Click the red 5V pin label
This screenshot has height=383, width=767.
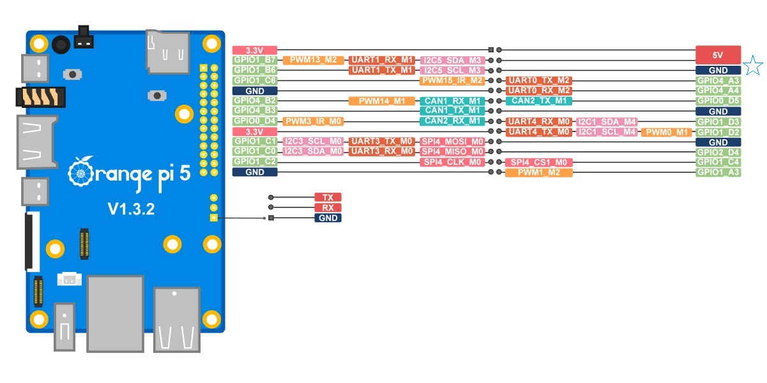(x=718, y=55)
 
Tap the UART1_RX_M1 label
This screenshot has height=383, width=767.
(x=383, y=60)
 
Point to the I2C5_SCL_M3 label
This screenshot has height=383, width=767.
(x=452, y=70)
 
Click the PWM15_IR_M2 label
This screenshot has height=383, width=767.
(x=452, y=80)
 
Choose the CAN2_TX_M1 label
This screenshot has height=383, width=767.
(x=538, y=101)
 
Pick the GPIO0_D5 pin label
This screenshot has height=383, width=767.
(x=718, y=101)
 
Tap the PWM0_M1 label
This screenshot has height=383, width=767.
(x=667, y=131)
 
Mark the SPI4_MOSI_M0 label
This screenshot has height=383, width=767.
(x=452, y=141)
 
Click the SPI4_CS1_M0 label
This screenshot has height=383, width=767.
(x=538, y=162)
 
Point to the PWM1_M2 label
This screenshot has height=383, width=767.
(x=538, y=172)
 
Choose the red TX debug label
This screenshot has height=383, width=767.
(x=328, y=197)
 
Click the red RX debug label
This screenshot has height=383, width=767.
(x=328, y=207)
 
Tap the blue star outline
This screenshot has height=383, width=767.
(x=754, y=64)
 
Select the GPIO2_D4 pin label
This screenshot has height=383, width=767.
(x=718, y=152)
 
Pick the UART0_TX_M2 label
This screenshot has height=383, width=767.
(x=538, y=80)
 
